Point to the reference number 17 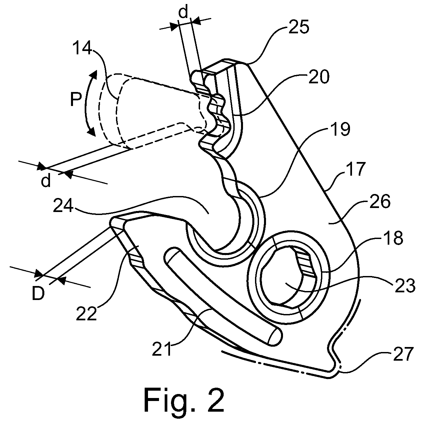[x=355, y=169]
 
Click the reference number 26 [x=380, y=201]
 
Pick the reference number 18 [x=392, y=238]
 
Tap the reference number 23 [x=405, y=286]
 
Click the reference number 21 [x=161, y=348]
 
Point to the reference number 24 [x=63, y=205]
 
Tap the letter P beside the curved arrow [x=76, y=100]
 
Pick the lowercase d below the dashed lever [x=46, y=181]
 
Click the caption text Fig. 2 [x=184, y=401]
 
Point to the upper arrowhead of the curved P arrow [x=94, y=74]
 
